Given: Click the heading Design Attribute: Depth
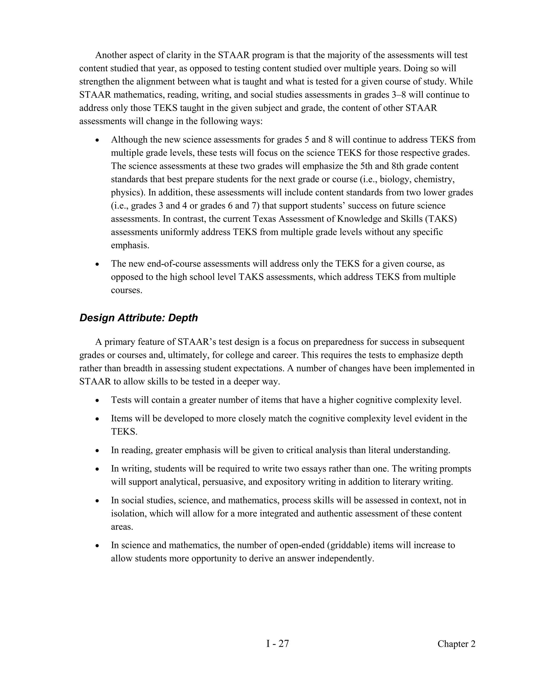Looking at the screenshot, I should (x=139, y=318).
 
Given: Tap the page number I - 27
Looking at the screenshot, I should (x=277, y=644).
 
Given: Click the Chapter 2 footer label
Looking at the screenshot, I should (x=456, y=644).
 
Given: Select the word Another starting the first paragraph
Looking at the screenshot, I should (x=112, y=55).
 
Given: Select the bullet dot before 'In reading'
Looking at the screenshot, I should (x=97, y=451).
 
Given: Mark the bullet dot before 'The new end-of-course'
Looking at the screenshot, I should (x=97, y=265).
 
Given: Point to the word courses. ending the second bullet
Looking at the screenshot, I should (x=126, y=290).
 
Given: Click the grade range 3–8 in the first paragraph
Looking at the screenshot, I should (x=399, y=95).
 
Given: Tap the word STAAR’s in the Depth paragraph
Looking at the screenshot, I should (x=196, y=342).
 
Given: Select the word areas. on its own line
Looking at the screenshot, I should (x=122, y=527).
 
